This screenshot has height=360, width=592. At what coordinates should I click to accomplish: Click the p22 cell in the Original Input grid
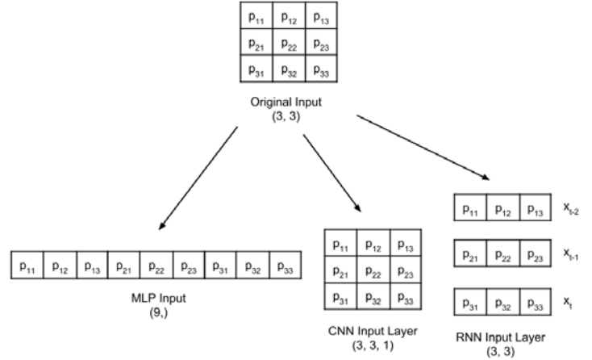[289, 42]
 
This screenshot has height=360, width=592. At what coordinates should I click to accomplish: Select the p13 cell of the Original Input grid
[321, 15]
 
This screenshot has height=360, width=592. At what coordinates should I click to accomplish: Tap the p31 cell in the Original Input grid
[256, 69]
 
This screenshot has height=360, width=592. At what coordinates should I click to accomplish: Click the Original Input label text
[286, 102]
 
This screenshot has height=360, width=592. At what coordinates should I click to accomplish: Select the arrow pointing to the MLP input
[198, 178]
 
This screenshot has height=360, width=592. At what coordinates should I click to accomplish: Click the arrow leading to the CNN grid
[332, 173]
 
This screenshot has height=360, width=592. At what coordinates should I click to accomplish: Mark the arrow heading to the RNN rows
[423, 148]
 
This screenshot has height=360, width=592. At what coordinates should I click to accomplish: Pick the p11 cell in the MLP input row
[27, 266]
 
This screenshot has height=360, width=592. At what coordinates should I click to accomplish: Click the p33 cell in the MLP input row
[286, 266]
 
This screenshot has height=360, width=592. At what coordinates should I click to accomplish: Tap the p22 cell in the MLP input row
[156, 266]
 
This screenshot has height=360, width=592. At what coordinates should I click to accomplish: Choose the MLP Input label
[159, 298]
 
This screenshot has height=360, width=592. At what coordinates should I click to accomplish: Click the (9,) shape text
[159, 312]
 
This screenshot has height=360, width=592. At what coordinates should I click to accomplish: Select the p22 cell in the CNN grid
[373, 270]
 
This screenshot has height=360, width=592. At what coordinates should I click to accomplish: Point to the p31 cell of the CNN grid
[340, 296]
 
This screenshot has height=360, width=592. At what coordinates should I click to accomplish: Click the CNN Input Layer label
[373, 331]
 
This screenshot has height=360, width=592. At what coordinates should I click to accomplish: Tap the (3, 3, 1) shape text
[373, 345]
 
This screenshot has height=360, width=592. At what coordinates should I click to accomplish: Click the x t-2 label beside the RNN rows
[571, 207]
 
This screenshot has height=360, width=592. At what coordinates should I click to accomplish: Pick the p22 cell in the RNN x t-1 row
[503, 253]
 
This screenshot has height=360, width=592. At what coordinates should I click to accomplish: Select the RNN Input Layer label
[501, 337]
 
